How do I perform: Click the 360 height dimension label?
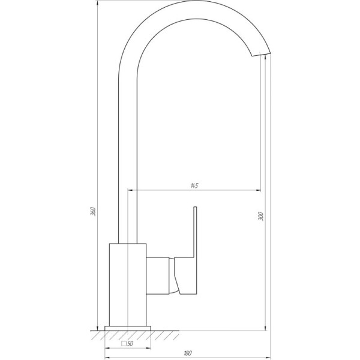[x=93, y=211]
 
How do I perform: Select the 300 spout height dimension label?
[x=260, y=216]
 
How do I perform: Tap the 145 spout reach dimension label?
[x=194, y=185]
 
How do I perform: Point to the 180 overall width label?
[x=188, y=353]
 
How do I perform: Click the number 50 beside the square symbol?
[x=130, y=343]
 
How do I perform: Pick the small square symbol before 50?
[x=124, y=344]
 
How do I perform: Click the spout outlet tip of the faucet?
[x=261, y=55]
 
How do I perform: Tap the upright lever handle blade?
[x=195, y=232]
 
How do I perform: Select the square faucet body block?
[x=128, y=284]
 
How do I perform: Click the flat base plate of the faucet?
[x=128, y=328]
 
